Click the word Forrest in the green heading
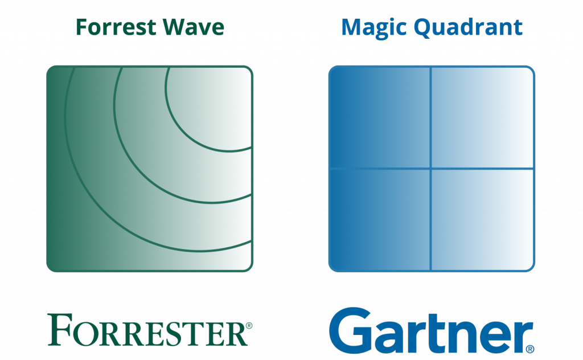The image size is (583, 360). (116, 27)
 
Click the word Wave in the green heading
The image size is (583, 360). (194, 27)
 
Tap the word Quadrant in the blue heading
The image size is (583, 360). (468, 28)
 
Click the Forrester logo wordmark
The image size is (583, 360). (150, 330)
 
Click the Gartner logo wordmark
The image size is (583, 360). (432, 330)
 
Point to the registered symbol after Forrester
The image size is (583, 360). (249, 325)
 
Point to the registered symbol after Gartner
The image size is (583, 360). (530, 349)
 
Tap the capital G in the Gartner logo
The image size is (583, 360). (350, 330)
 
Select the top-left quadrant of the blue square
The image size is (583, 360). (380, 117)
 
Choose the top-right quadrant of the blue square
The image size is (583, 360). (482, 117)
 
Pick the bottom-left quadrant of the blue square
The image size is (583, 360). (380, 219)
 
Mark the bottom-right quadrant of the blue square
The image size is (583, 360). (482, 219)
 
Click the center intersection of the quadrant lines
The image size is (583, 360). (431, 169)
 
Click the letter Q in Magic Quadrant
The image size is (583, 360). (423, 28)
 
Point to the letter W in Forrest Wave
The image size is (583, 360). (175, 27)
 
